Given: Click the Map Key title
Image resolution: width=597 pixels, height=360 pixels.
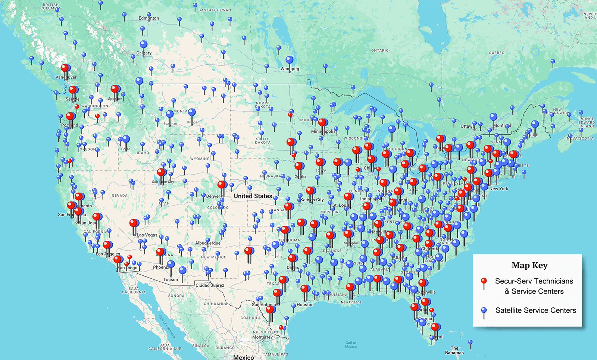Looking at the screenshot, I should (x=529, y=266).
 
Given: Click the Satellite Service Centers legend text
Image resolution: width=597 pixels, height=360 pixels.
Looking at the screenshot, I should (x=535, y=310).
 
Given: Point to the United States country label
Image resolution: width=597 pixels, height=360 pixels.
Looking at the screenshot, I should (x=253, y=196).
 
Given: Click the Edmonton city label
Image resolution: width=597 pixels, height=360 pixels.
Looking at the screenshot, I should (x=149, y=18).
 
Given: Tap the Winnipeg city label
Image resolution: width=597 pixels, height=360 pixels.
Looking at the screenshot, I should (x=290, y=69).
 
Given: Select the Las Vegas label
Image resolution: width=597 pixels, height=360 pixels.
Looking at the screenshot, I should (x=147, y=235).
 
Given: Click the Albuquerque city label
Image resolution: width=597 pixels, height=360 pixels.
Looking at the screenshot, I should (x=208, y=243).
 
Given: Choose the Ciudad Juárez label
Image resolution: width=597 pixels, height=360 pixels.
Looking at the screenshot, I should (x=210, y=285).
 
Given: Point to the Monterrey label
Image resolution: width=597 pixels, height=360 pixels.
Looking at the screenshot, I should (x=262, y=337).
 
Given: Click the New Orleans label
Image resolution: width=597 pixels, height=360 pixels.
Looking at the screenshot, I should (x=351, y=302).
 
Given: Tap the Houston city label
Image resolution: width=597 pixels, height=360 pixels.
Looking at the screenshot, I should (x=305, y=305).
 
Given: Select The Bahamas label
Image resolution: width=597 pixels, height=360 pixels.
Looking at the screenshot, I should (x=454, y=350).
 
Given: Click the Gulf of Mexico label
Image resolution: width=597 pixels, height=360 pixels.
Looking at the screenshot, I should (x=351, y=345).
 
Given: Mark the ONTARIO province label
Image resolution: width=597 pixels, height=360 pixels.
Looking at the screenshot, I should (x=380, y=50).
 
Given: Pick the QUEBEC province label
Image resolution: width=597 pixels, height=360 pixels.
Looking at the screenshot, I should (x=497, y=53).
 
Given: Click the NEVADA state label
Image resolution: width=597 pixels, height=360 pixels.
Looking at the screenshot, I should (x=119, y=195).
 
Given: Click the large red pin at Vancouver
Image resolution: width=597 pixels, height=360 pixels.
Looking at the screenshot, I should (x=65, y=68).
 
